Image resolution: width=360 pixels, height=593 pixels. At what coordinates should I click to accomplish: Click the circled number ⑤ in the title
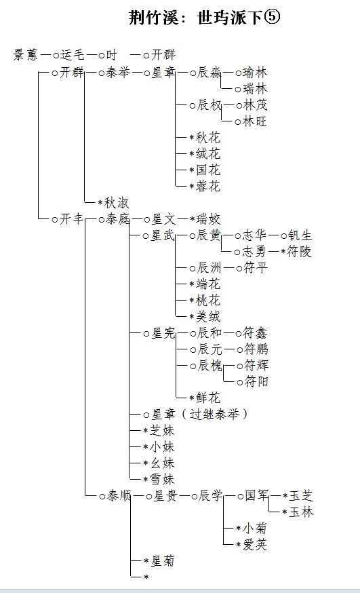click(271, 17)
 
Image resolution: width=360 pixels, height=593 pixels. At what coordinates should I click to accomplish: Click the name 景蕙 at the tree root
click(26, 55)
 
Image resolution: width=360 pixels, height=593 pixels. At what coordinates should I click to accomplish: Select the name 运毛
click(72, 55)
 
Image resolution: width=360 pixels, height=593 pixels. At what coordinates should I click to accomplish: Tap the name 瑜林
click(255, 72)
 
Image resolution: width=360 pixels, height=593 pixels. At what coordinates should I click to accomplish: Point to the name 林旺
click(255, 121)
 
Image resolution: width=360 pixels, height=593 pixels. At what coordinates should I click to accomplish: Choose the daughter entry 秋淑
click(117, 203)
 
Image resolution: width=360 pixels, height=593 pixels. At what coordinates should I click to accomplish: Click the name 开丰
click(71, 218)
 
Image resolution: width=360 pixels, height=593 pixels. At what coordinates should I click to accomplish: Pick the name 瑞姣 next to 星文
click(208, 218)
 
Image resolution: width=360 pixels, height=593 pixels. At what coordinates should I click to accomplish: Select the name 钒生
click(300, 235)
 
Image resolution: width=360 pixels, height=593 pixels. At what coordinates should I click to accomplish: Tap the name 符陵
click(299, 252)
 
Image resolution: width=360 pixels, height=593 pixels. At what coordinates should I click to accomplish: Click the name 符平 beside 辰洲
click(256, 268)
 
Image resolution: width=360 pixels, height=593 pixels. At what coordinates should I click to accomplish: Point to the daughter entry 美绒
click(208, 316)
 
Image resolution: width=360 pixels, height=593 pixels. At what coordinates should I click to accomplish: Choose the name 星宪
click(163, 333)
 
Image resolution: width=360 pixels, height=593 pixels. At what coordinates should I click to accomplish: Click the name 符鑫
click(256, 333)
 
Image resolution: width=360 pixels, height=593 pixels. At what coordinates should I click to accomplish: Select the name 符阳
click(256, 381)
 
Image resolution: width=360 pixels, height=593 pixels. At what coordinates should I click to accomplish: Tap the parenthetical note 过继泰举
click(214, 414)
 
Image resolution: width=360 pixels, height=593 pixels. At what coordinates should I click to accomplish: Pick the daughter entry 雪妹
click(163, 479)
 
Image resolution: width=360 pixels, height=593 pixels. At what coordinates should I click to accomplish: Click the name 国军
click(257, 495)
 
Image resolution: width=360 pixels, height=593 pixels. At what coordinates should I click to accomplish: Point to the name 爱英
click(255, 545)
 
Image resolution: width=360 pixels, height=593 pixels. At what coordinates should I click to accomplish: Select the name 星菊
click(163, 560)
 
